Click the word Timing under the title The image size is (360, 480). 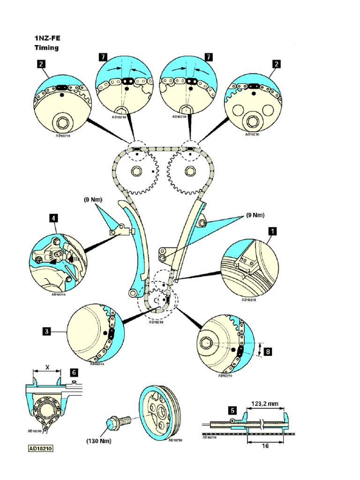click(x=46, y=48)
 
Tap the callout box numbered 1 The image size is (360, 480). click(x=272, y=231)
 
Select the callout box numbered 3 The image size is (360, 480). click(x=46, y=331)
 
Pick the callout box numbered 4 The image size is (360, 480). click(x=53, y=217)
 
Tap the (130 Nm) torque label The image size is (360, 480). click(x=98, y=441)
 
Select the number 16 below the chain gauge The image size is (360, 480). click(x=265, y=447)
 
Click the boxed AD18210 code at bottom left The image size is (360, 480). click(x=41, y=449)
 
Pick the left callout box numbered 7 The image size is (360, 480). click(x=103, y=57)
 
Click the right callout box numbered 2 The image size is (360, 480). click(x=277, y=64)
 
